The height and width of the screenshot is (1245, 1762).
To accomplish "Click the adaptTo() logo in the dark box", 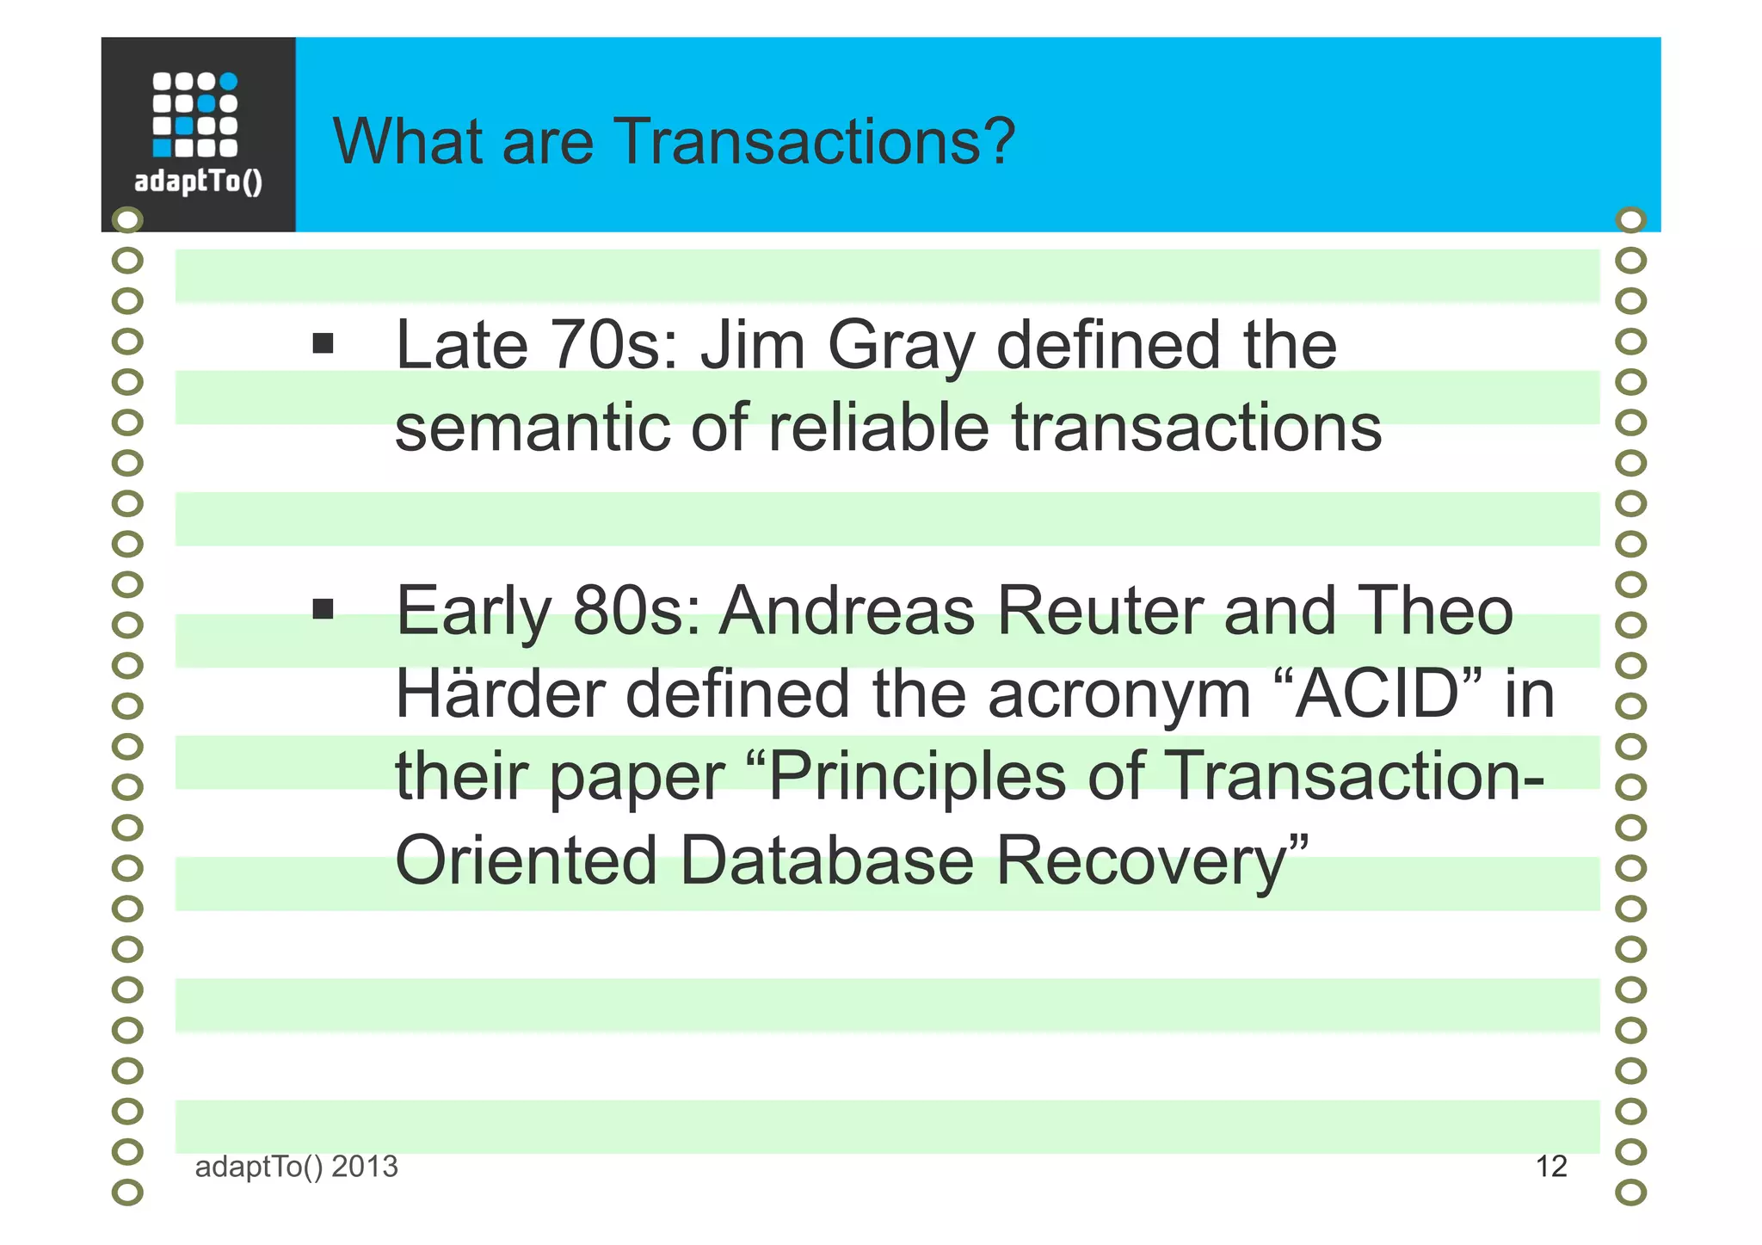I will [198, 133].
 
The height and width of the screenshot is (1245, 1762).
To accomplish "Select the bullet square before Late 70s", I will [323, 344].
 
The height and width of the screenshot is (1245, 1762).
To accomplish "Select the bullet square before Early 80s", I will [323, 610].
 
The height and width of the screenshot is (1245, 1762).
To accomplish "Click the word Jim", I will [753, 345].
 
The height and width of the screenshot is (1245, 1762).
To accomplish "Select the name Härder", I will [500, 693].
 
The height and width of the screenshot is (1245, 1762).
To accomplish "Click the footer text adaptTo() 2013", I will [297, 1167].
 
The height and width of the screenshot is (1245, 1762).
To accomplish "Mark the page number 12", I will [1551, 1167].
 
